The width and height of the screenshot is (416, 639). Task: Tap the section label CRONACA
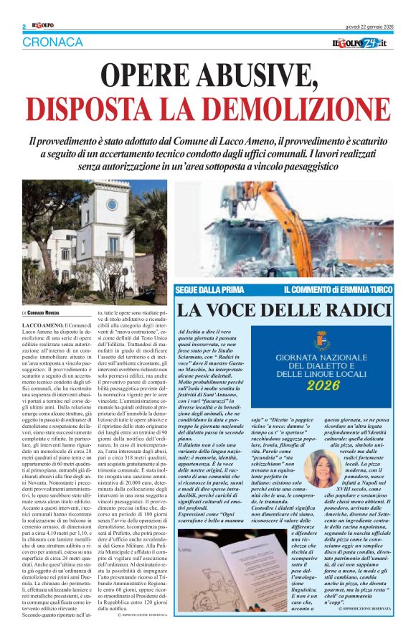coord(52,42)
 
